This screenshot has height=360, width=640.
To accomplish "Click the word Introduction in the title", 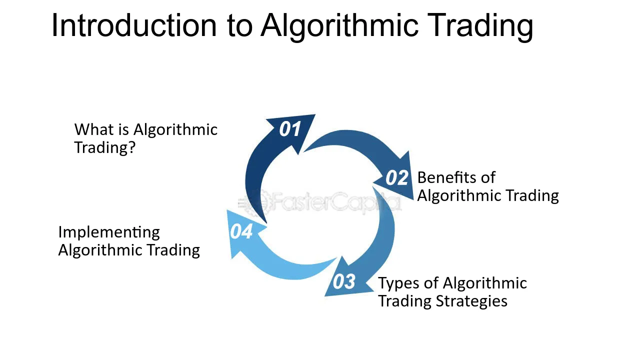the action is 134,25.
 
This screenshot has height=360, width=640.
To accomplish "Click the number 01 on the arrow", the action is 289,129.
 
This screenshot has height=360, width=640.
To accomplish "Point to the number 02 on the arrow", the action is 397,177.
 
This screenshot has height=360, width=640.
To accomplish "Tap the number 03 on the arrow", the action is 344,281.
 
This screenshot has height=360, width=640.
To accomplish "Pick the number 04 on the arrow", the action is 241,231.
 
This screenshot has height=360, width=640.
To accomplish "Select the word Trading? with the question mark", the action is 104,148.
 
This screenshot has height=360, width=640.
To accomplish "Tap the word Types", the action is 399,283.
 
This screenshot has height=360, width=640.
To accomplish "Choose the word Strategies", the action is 471,301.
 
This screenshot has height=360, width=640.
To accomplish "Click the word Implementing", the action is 109,232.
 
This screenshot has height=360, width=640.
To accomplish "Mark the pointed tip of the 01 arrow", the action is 315,115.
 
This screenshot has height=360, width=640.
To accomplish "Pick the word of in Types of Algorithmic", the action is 431,283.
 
